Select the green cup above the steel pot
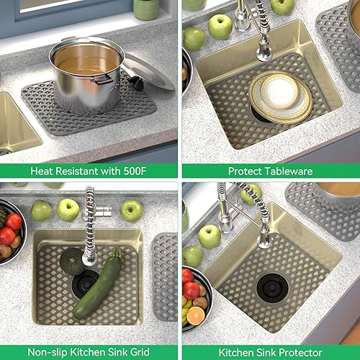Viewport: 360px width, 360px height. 146,9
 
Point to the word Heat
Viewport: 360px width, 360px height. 42,171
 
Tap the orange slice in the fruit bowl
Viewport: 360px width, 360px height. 196,315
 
